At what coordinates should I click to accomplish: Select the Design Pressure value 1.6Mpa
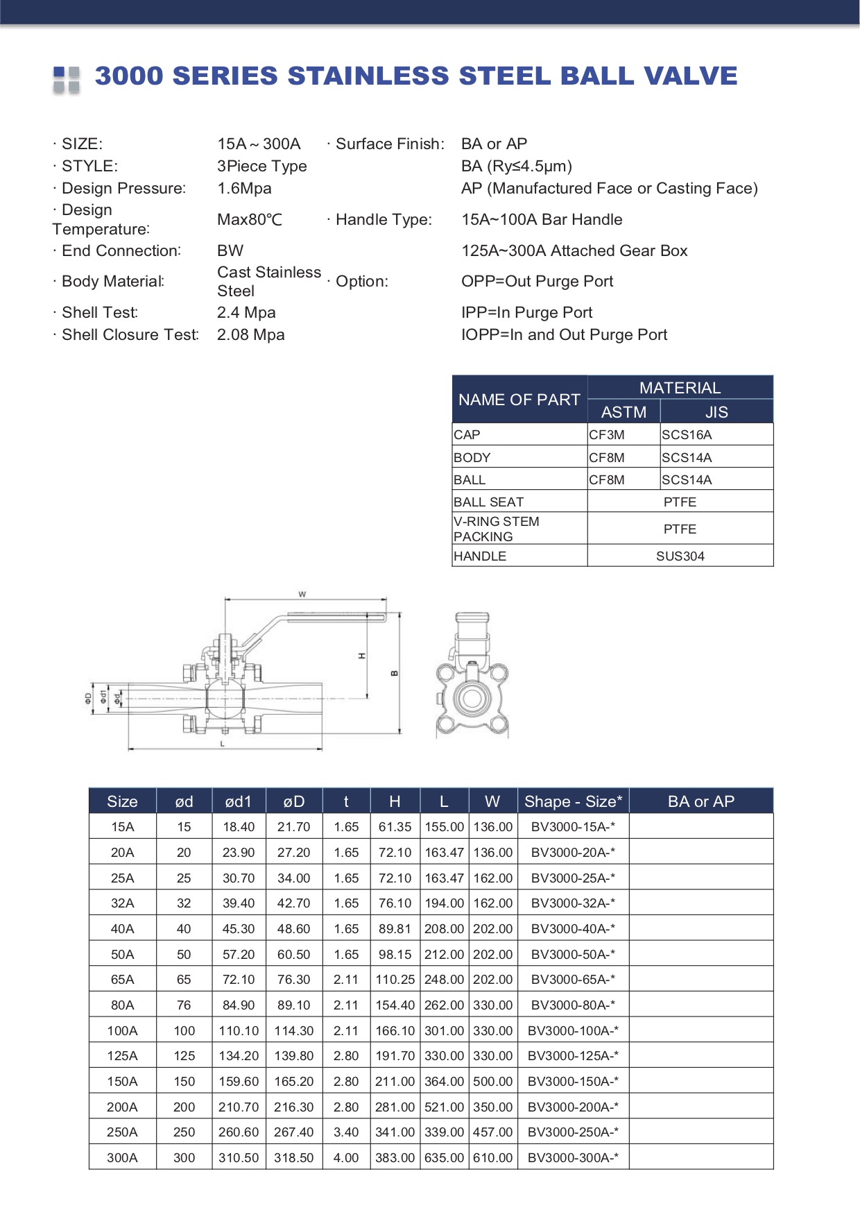244,188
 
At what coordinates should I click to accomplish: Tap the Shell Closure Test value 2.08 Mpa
250,334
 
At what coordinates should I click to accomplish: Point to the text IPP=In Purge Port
526,312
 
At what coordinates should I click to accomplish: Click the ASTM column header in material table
623,412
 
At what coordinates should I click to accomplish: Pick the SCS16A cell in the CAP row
687,435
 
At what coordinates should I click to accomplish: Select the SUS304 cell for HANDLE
680,556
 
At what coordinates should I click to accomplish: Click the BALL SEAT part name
488,502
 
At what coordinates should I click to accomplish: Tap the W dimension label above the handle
302,594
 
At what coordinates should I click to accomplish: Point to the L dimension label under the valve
223,744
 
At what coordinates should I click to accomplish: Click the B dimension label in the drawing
395,672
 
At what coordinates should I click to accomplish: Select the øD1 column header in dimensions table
238,801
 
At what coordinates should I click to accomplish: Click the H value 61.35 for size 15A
395,827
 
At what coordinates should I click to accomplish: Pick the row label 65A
122,980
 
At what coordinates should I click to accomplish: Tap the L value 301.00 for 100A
444,1031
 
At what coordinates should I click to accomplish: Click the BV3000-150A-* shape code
573,1082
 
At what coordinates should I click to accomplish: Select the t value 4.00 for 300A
346,1158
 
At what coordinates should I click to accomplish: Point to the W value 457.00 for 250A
492,1132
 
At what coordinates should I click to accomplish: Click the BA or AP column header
700,801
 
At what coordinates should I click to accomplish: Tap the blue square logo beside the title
67,79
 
